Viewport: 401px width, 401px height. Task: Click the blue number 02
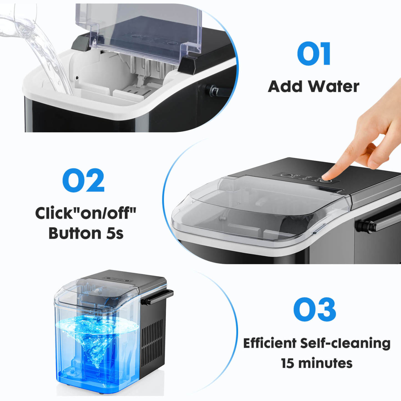83,180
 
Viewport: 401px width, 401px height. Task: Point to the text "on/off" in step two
103,213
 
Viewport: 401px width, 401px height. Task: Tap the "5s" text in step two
115,233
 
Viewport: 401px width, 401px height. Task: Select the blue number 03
314,309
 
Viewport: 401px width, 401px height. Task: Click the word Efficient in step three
270,343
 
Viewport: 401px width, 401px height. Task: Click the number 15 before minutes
287,363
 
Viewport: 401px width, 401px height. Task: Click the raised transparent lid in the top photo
144,28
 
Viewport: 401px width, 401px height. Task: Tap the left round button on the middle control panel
286,175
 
